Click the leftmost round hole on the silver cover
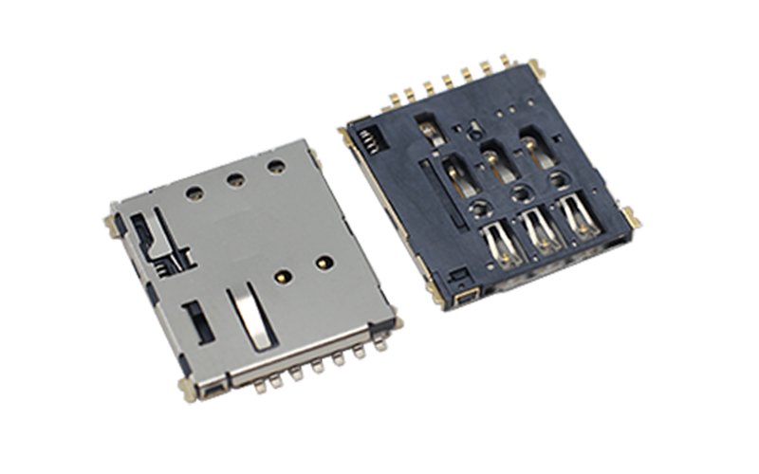tap(194, 192)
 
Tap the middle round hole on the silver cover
tap(235, 179)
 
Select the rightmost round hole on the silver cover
tap(276, 167)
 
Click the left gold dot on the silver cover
tap(282, 277)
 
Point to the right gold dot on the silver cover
tap(324, 261)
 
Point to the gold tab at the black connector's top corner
tap(533, 66)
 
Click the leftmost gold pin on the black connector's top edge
tap(392, 99)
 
